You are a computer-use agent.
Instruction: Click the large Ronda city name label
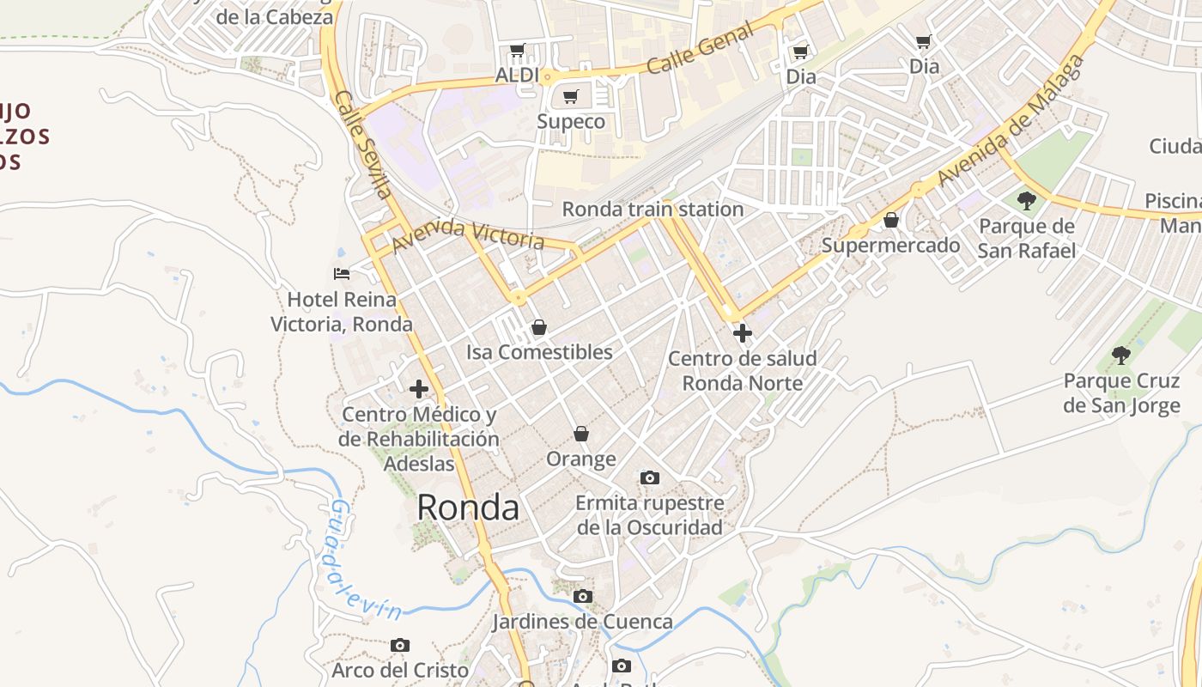(468, 508)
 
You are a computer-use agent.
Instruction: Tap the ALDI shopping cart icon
(517, 51)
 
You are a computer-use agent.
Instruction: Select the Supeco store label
(571, 121)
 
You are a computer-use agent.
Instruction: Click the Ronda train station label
(653, 209)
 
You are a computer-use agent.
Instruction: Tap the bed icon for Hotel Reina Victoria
(342, 274)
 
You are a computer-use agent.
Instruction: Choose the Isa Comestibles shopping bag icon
(539, 327)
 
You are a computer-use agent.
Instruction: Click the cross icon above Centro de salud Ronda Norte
(743, 332)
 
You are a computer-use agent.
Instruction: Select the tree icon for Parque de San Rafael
(1026, 201)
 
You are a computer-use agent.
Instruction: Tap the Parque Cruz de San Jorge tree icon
(1120, 354)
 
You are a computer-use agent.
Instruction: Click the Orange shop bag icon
(581, 434)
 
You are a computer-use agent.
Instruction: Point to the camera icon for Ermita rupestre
(650, 477)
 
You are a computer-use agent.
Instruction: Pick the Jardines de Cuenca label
(582, 621)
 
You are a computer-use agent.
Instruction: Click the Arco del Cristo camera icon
(400, 645)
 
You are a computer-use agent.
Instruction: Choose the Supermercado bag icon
(891, 221)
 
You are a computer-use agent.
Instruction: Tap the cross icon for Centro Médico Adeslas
(419, 389)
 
